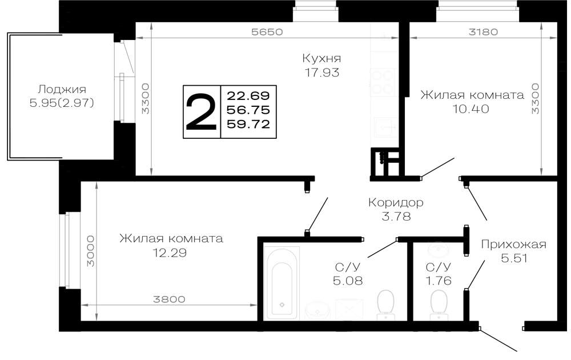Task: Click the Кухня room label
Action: point(321,58)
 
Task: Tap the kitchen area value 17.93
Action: point(322,73)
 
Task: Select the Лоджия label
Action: point(62,89)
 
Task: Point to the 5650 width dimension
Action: point(267,31)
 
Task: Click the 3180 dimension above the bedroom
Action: point(483,31)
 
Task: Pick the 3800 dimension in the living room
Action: point(169,299)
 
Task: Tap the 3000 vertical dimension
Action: point(90,251)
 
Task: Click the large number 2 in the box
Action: point(201,111)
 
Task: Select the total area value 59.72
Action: point(248,124)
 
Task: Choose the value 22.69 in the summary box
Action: point(248,96)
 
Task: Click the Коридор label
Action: point(396,202)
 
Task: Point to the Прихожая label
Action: point(514,244)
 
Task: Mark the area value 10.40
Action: point(471,109)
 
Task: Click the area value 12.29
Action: point(170,253)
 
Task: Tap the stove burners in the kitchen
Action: point(383,83)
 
